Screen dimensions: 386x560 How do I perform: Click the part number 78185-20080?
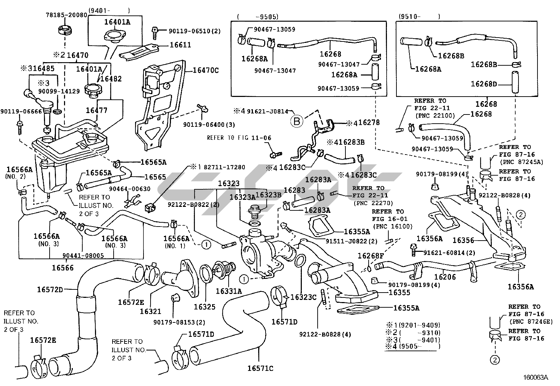66,15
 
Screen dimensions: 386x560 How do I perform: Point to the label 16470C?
205,70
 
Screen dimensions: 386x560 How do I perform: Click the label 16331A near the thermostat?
229,291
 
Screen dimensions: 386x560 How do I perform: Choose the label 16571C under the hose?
260,368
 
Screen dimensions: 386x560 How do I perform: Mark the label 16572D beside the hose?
50,289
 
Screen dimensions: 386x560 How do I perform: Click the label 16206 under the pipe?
445,277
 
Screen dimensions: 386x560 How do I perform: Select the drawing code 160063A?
535,378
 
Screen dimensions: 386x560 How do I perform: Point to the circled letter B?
296,122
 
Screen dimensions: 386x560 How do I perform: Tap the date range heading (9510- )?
419,16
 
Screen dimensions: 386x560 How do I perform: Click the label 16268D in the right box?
484,84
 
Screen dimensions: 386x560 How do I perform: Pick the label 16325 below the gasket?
204,307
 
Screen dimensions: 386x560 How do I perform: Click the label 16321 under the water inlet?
150,311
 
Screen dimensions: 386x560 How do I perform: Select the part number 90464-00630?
129,189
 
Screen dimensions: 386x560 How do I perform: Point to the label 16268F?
371,256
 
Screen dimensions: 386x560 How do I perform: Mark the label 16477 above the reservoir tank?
97,111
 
